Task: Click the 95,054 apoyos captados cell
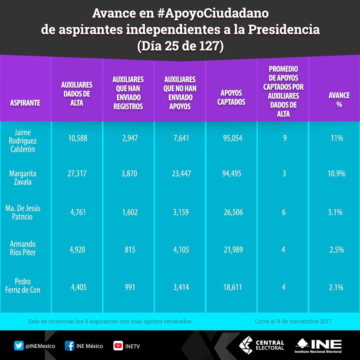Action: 233,138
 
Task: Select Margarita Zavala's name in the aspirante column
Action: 23,178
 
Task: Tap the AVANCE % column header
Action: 339,100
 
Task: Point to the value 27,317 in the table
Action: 77,174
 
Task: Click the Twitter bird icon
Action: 19,346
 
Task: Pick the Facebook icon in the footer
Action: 69,346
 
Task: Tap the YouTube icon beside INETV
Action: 118,346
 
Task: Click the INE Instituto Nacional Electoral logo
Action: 318,346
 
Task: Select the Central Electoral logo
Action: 262,345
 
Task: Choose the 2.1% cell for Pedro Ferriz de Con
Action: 336,287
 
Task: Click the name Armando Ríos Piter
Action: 23,248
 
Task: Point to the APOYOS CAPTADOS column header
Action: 231,97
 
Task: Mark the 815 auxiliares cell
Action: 130,250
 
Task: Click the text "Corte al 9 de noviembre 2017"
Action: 293,321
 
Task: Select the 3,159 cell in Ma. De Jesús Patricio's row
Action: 181,212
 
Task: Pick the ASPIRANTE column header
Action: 25,103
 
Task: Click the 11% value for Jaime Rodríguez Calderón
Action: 337,138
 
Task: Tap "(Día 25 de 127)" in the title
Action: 180,46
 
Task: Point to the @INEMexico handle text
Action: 40,346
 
